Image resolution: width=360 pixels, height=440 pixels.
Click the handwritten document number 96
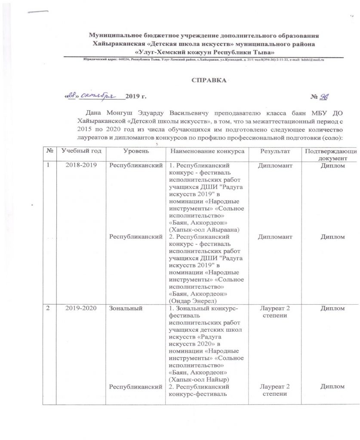[x=324, y=97]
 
